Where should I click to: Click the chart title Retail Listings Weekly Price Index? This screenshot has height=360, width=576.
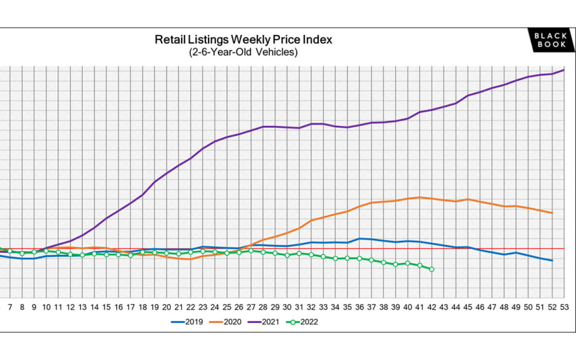[x=244, y=39]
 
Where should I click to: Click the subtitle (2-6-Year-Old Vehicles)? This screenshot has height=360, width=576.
[x=244, y=53]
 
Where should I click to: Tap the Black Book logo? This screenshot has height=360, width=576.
[x=550, y=41]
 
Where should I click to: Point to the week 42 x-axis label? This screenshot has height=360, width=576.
[x=431, y=307]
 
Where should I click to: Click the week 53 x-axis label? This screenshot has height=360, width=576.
[x=564, y=307]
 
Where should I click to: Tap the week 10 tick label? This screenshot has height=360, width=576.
[x=46, y=307]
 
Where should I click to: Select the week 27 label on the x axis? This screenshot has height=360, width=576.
[x=250, y=307]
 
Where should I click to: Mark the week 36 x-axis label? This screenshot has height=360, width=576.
[x=359, y=307]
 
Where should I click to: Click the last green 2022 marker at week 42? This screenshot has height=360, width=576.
[x=431, y=269]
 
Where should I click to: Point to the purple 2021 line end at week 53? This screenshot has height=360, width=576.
[x=564, y=69]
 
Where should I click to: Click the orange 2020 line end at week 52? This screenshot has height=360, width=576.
[x=552, y=213]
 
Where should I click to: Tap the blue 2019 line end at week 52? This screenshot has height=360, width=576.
[x=552, y=260]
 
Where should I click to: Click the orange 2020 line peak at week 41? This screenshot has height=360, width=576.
[x=419, y=197]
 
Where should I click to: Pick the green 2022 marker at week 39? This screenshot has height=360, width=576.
[x=395, y=264]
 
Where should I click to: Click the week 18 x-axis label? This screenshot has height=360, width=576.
[x=142, y=307]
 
